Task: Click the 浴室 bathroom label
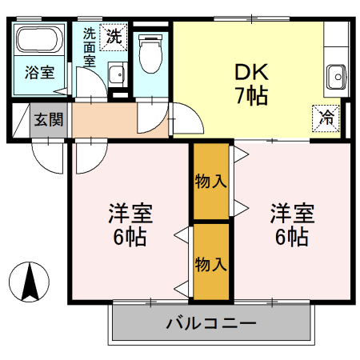point(38,73)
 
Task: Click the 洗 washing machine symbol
point(114,35)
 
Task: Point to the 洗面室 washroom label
point(89,48)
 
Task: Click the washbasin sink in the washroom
point(115,74)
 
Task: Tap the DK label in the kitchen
point(251,72)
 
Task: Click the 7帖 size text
point(251,96)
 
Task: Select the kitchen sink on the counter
point(335,78)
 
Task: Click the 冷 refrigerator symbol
point(327,117)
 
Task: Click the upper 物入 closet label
point(210,181)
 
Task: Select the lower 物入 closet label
point(210,263)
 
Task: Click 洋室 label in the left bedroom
point(130,214)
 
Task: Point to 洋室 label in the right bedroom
point(291,214)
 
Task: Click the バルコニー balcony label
point(211,324)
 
